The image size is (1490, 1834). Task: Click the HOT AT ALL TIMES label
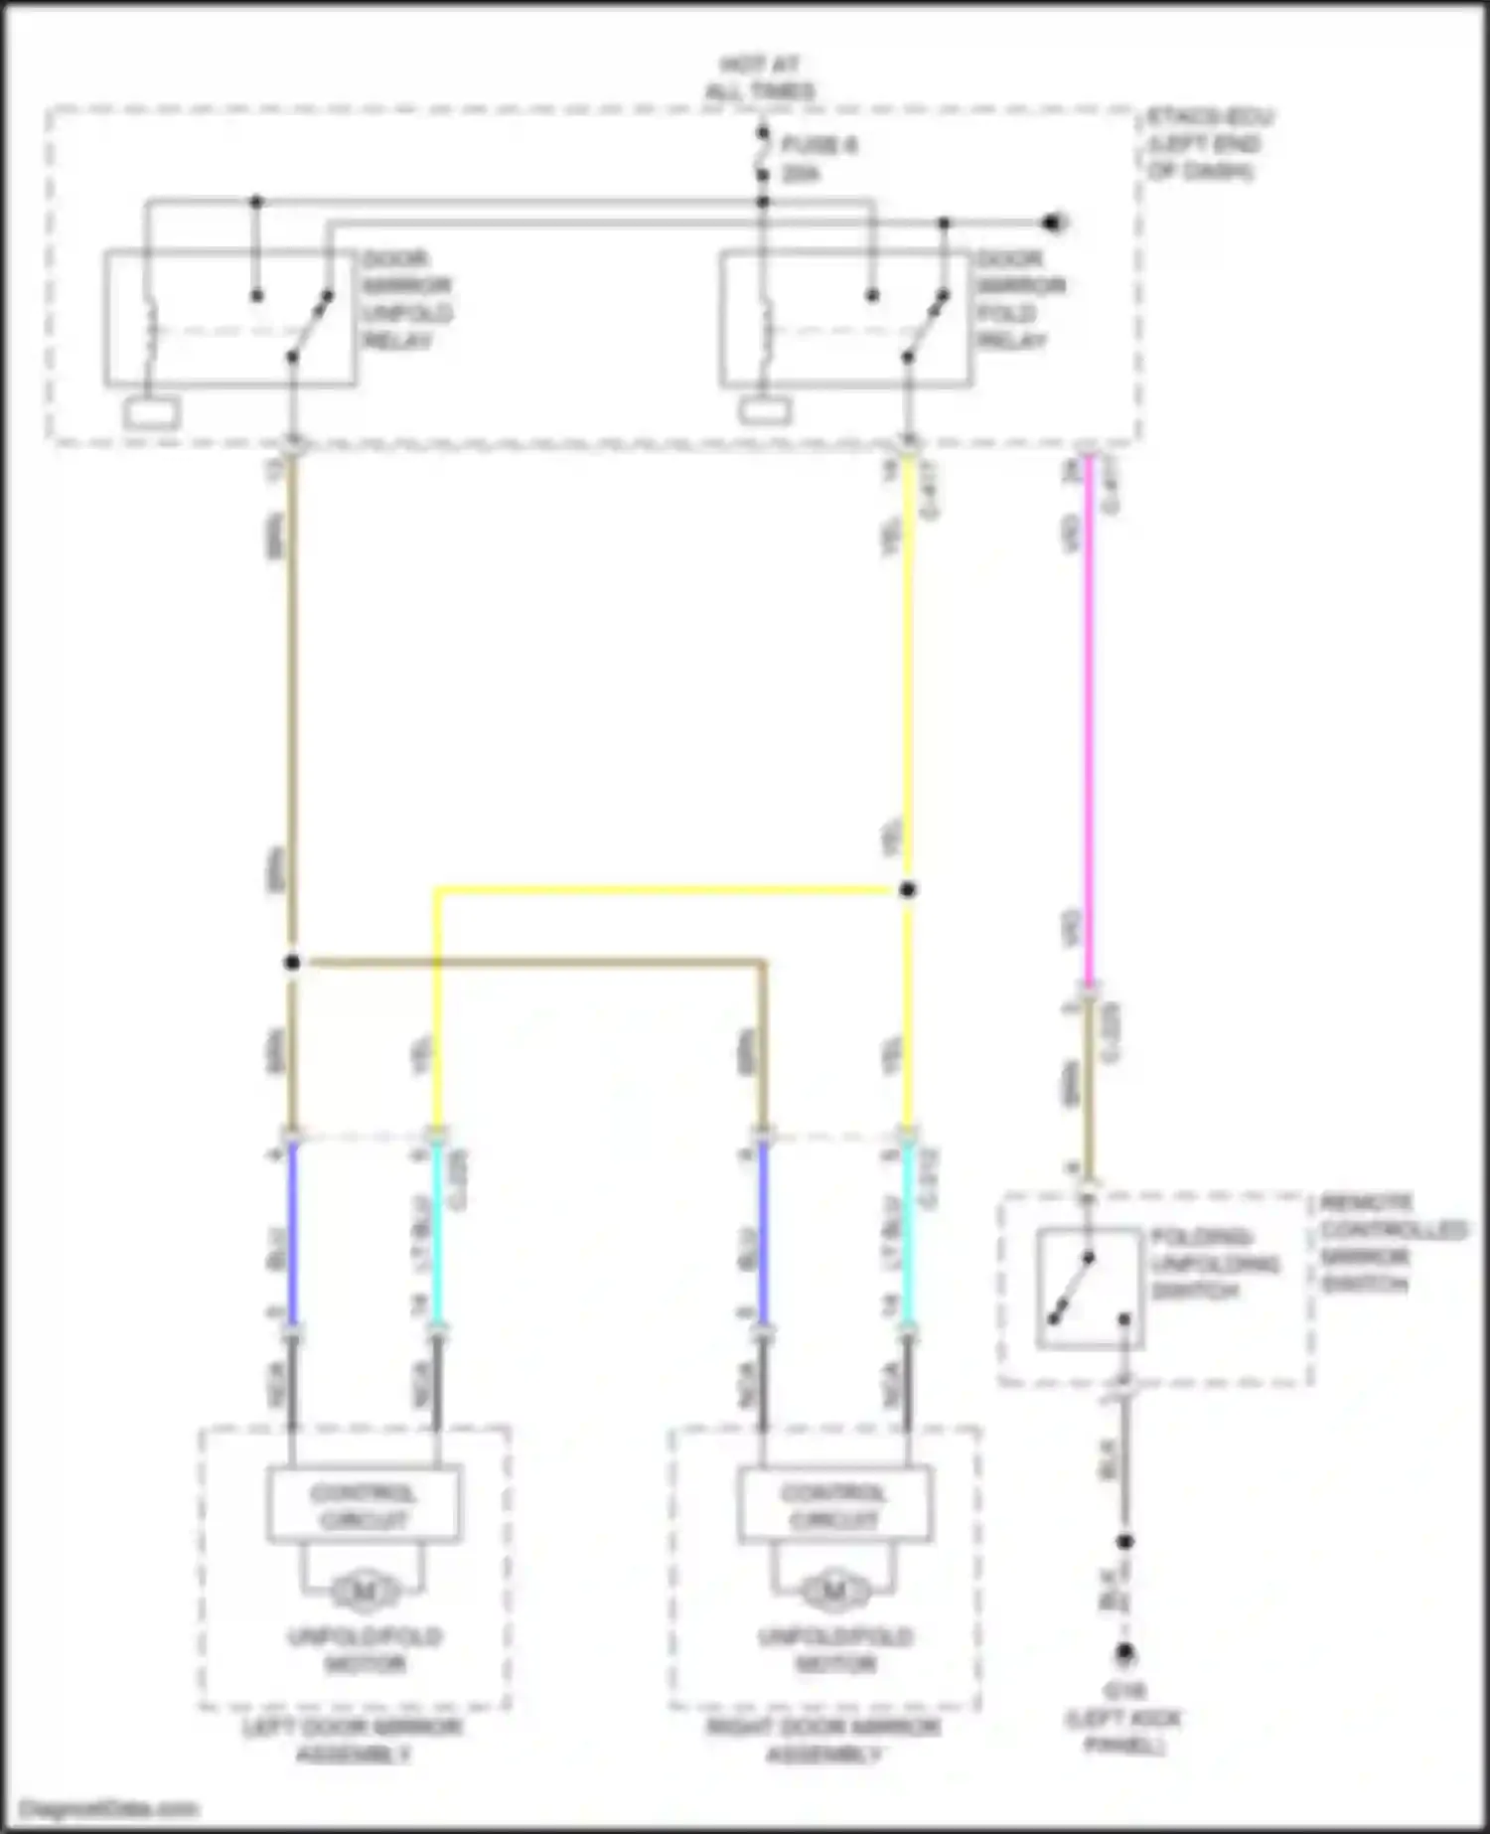[x=760, y=78]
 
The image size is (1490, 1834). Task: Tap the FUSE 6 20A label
[x=818, y=159]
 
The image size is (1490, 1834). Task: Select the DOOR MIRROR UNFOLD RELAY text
[x=406, y=300]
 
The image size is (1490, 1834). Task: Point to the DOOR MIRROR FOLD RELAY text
[x=1020, y=300]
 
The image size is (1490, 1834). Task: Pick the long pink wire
[x=1089, y=715]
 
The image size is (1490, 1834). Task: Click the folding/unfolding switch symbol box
[x=1089, y=1289]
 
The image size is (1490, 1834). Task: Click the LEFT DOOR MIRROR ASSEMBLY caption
[x=353, y=1741]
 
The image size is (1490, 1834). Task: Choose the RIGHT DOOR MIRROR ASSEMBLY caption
[x=823, y=1741]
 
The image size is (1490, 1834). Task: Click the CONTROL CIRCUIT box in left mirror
[x=363, y=1505]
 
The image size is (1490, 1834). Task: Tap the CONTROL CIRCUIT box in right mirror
[x=833, y=1505]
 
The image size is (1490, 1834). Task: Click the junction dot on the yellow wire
[x=907, y=889]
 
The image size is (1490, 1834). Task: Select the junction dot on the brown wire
[x=292, y=962]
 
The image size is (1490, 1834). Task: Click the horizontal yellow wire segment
[x=666, y=890]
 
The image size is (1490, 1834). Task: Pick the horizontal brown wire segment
[x=526, y=962]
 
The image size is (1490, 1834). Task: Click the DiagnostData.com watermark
[x=109, y=1808]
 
